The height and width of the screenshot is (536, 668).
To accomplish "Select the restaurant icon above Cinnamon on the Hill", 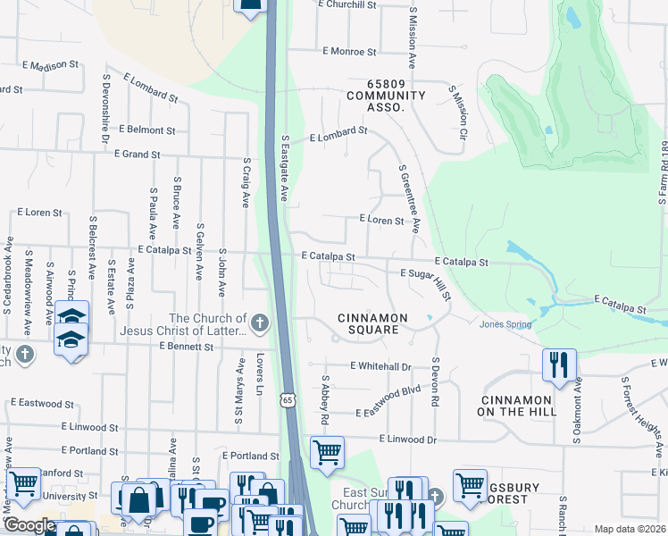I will point(559,365).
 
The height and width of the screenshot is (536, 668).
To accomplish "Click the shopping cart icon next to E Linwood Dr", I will point(327,451).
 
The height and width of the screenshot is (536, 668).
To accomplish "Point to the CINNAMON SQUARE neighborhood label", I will point(372,323).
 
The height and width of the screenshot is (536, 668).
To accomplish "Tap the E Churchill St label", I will point(348,4).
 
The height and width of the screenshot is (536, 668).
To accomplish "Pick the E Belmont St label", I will point(146,130).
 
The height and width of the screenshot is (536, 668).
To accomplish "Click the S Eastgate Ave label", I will point(285,169).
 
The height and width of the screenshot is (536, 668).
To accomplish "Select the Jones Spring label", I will point(505,324).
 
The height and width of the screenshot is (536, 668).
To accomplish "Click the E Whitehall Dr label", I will point(380,366).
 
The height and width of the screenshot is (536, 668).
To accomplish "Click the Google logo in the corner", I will point(30,525).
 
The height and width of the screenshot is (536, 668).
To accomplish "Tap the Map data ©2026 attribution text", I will point(630,529).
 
